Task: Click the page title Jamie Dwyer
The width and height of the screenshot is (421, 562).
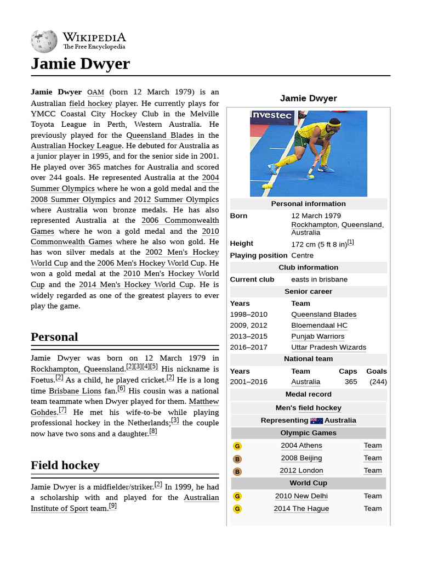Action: coord(81,64)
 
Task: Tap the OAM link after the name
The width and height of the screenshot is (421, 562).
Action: coord(95,92)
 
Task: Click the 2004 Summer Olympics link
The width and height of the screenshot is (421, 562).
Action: coord(124,183)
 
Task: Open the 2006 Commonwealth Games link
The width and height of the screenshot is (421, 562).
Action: coord(180,221)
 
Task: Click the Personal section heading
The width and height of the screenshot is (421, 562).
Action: coord(54,337)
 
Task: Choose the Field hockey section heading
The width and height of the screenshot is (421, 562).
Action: coord(65,465)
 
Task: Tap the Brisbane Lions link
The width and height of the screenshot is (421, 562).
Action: coord(75,391)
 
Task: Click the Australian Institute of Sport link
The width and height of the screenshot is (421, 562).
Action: coord(124,503)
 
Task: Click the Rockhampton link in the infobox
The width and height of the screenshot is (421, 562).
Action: coord(314,224)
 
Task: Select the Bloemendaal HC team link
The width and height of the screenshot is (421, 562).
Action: coord(319,325)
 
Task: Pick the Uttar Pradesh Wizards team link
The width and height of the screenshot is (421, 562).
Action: coord(328,347)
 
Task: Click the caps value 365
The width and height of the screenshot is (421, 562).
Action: coord(351,382)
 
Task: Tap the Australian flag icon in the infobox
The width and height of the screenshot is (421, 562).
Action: coord(316,421)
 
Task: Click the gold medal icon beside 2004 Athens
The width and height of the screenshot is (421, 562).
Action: coord(237,446)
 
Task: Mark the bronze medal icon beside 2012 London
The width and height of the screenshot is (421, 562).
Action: coord(237,471)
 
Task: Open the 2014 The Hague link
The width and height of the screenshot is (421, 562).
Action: coord(301,509)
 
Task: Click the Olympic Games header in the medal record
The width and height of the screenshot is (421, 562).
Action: coord(308,433)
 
